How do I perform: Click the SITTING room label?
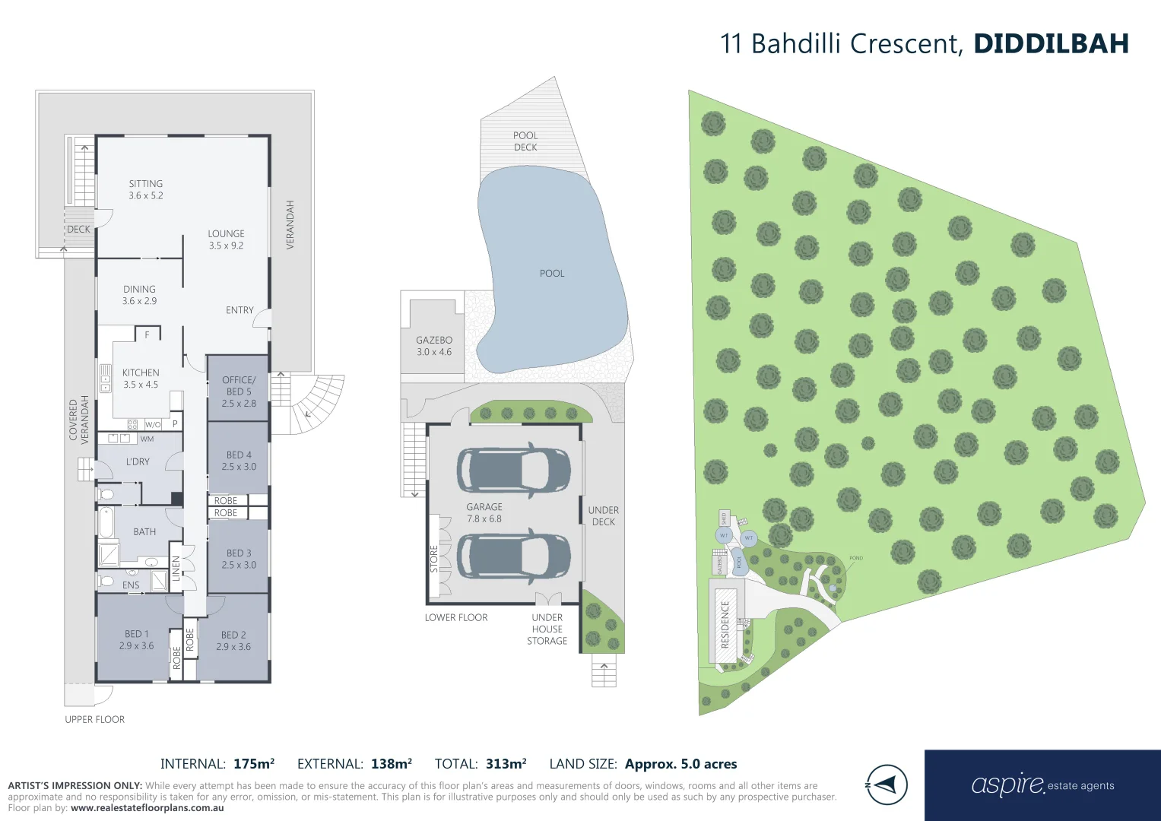click(145, 189)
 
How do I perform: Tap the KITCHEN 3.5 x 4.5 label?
click(141, 379)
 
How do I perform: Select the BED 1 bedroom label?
click(136, 639)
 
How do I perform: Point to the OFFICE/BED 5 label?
click(239, 391)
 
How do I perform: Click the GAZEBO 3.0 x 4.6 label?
click(434, 346)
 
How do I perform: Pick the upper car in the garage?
click(513, 470)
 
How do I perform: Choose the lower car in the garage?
click(513, 557)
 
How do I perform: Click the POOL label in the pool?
click(552, 273)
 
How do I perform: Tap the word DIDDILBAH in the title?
click(1051, 43)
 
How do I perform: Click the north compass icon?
click(887, 785)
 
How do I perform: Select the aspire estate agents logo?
click(1042, 785)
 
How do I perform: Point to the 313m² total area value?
click(506, 764)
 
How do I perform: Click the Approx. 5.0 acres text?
click(680, 764)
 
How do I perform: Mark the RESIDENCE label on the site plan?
click(725, 624)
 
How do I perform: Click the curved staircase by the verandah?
click(316, 403)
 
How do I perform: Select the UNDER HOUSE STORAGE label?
click(547, 629)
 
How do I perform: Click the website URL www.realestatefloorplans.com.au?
click(148, 808)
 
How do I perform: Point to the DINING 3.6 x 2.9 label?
click(139, 295)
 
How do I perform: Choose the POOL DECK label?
click(525, 141)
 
